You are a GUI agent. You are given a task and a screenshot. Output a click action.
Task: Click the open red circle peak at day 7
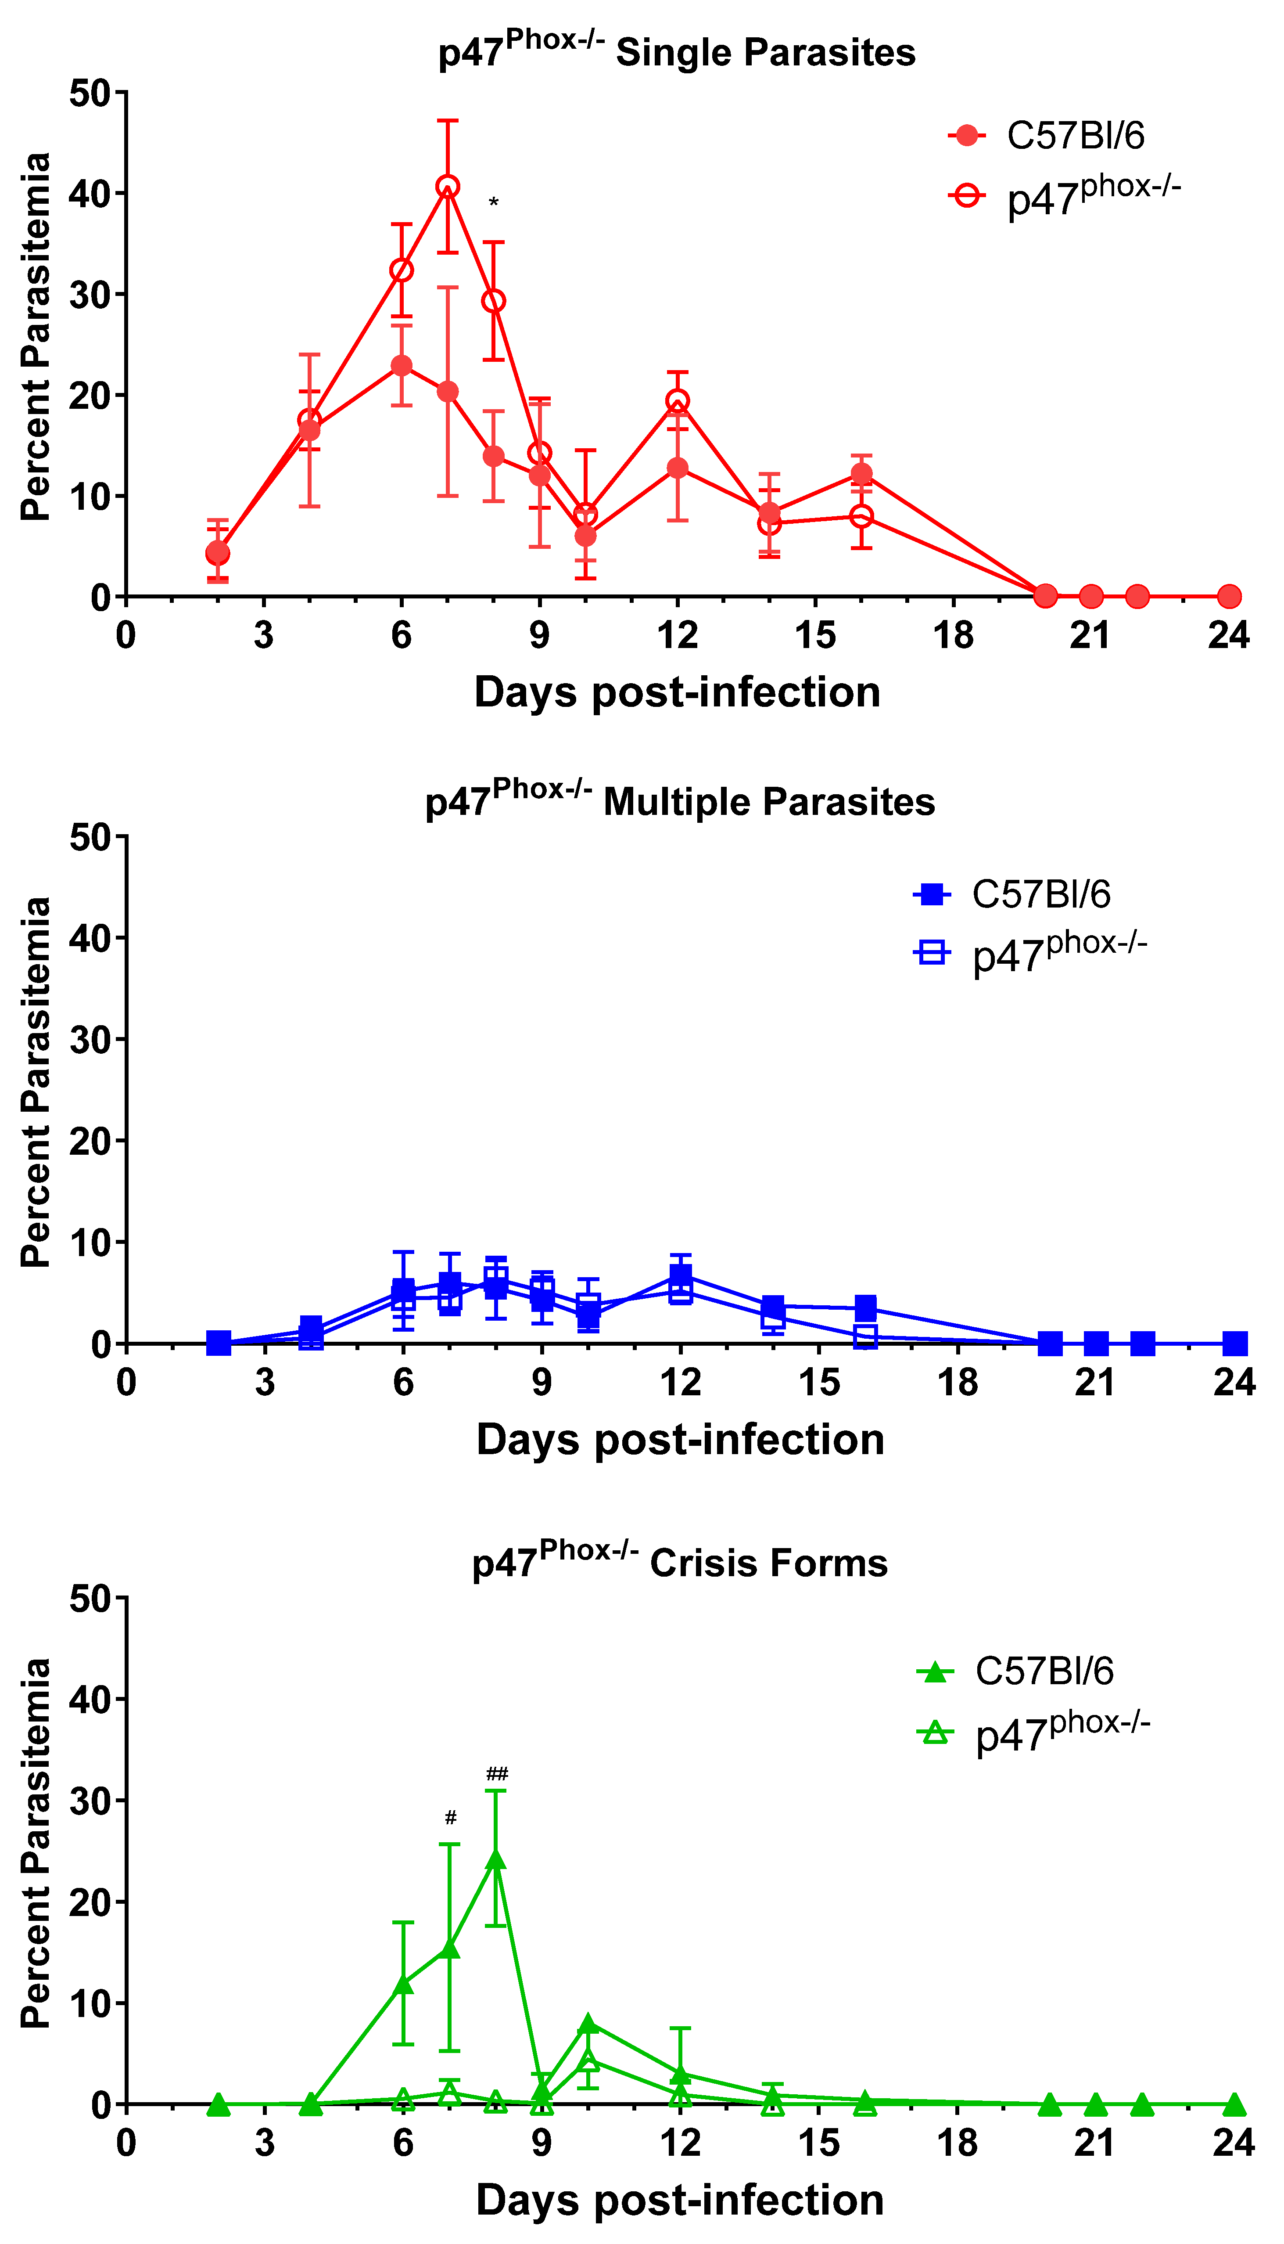448,187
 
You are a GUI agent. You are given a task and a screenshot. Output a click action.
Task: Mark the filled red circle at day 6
401,365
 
